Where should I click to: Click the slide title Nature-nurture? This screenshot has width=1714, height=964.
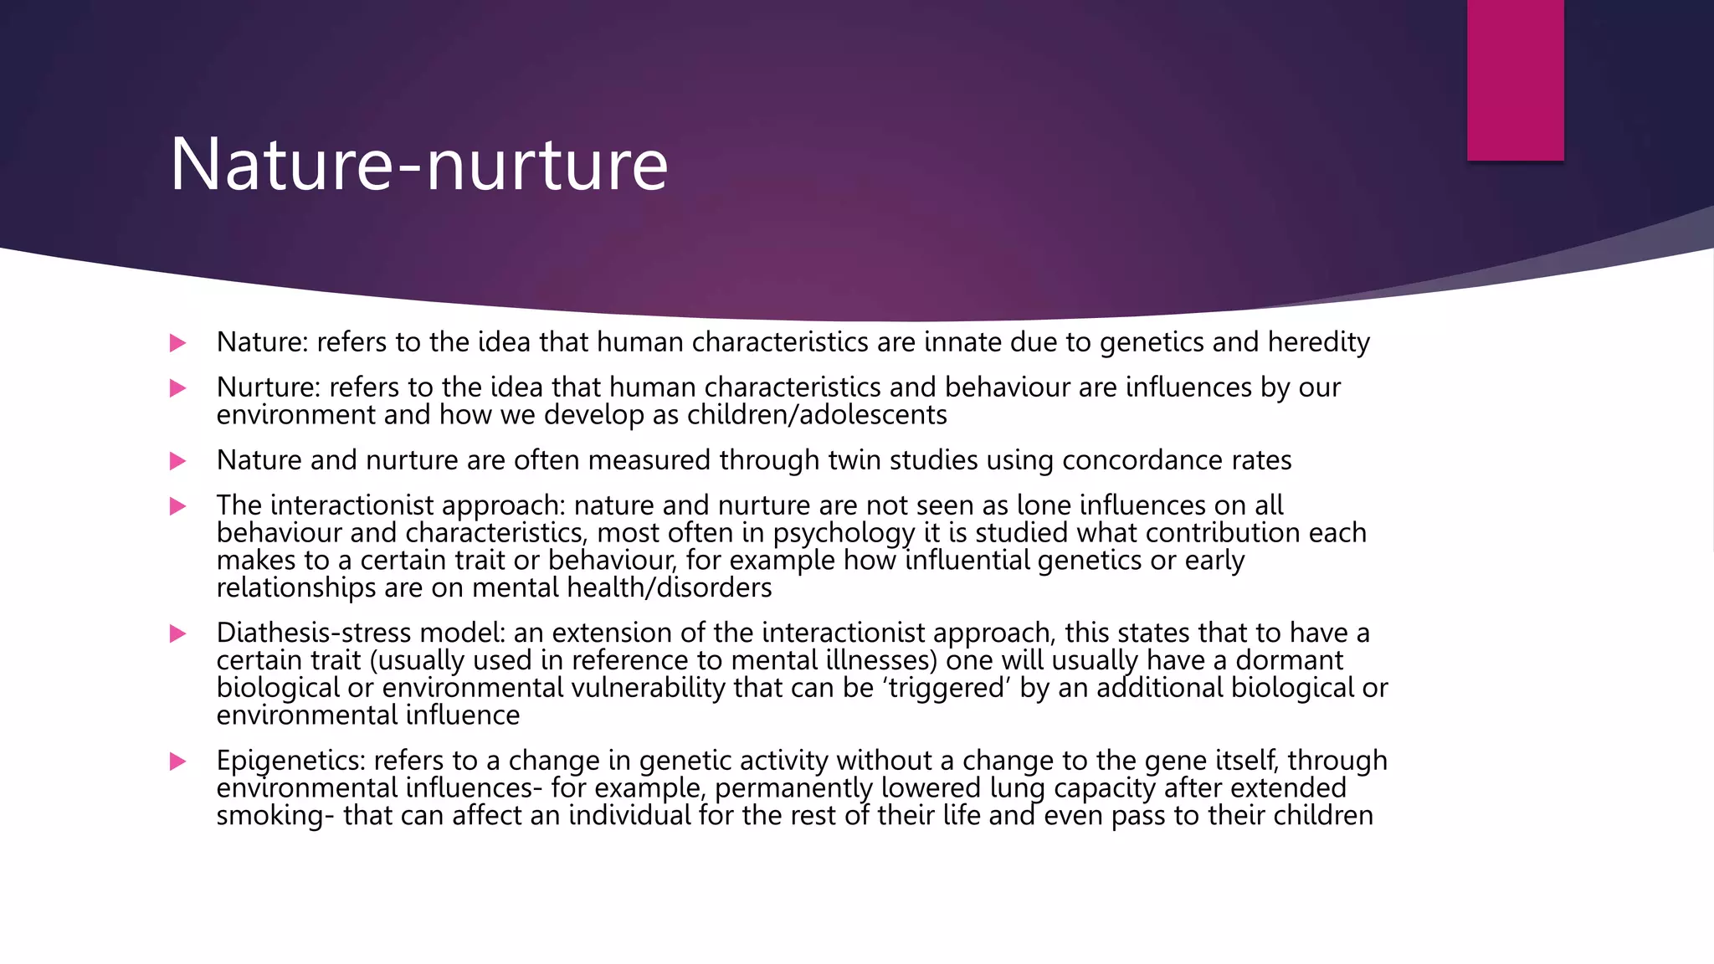pos(418,164)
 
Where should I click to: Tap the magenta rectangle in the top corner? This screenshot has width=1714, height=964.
pos(1515,79)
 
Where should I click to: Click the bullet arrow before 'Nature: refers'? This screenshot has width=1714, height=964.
pos(177,343)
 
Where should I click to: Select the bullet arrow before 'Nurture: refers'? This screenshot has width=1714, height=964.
pos(177,388)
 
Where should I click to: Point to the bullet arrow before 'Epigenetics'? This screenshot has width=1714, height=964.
pos(177,761)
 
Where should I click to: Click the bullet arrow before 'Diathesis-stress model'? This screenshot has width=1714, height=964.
pos(177,633)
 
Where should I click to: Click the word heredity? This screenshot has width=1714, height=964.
pos(1318,342)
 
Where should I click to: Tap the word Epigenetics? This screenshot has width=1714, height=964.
pos(290,761)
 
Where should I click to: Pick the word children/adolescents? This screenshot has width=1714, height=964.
pos(817,415)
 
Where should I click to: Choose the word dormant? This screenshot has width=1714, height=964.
pos(1289,660)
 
